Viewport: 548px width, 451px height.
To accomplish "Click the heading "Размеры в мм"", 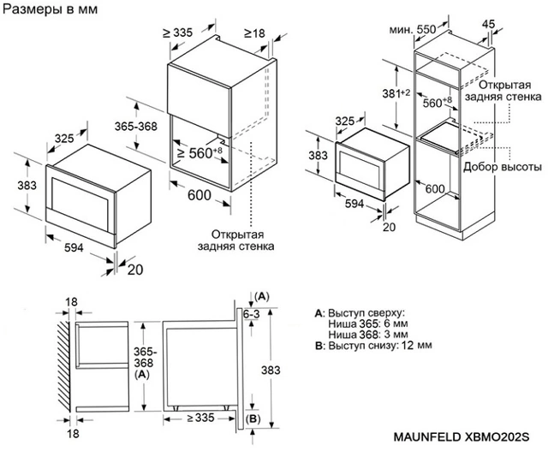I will click(51, 9).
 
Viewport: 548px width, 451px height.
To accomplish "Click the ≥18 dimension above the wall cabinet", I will click(254, 33).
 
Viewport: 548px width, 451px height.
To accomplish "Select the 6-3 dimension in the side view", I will click(252, 316).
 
